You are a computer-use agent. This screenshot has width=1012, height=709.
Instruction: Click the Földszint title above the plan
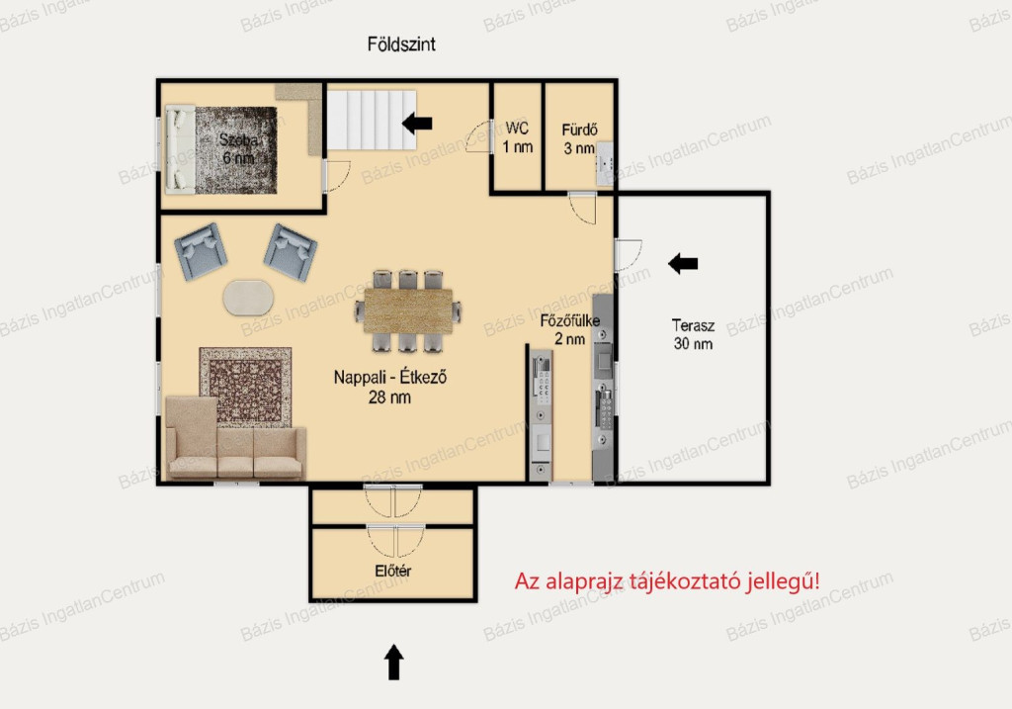pos(401,44)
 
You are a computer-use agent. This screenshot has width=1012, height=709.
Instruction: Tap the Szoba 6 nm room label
pos(239,148)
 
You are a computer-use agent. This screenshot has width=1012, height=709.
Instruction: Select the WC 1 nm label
pos(518,137)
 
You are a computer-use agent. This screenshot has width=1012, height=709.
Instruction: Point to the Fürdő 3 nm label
pos(579,138)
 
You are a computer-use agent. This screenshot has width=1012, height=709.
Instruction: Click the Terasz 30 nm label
pos(693,334)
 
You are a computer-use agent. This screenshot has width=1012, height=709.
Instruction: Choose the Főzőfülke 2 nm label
pos(570,329)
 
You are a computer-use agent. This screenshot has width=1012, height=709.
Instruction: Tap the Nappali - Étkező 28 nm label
pos(389,387)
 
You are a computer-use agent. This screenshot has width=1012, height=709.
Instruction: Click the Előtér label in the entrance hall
pos(393,571)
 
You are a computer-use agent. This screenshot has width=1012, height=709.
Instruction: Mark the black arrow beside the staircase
pos(417,123)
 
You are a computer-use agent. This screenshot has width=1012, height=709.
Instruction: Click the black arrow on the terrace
pos(683,263)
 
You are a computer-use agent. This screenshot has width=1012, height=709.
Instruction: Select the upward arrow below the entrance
pos(394,662)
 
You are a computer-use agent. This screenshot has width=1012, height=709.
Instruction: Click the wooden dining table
pos(407,310)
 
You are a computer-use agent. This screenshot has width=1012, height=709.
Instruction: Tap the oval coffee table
pos(248,298)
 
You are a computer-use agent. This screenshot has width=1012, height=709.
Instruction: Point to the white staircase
pos(372,120)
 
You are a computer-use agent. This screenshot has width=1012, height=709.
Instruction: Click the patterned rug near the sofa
pos(245,386)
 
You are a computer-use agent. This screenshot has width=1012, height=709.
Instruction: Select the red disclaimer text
pos(667,581)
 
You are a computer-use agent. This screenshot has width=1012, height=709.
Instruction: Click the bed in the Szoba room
pos(181,149)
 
